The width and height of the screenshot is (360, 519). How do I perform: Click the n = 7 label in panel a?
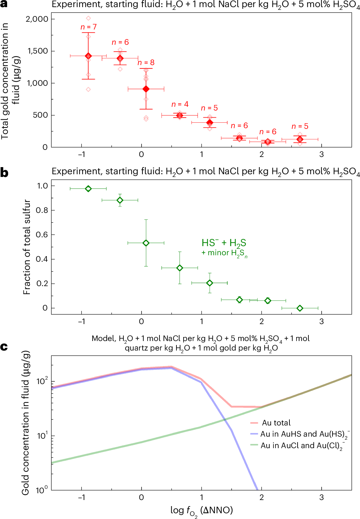(x=89, y=27)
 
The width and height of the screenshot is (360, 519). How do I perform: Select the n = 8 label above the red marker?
(x=146, y=62)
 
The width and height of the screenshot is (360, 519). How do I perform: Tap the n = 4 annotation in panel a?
(x=180, y=104)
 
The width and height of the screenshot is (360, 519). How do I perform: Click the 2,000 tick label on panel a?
(x=37, y=19)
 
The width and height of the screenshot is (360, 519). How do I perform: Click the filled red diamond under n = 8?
(x=146, y=89)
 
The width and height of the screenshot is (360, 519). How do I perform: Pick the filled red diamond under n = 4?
(x=180, y=116)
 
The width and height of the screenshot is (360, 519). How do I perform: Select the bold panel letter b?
(x=4, y=173)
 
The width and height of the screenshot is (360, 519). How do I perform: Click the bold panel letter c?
(x=4, y=347)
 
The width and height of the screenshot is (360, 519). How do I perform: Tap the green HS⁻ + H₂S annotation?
(x=224, y=243)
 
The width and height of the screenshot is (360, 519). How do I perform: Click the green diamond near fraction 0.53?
(x=146, y=243)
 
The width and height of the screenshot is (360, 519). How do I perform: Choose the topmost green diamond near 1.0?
(x=88, y=189)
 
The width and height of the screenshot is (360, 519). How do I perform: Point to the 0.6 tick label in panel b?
(x=42, y=235)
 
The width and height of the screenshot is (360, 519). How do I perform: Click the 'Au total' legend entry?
(x=276, y=423)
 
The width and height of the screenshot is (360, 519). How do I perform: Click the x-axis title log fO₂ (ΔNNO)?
(x=202, y=510)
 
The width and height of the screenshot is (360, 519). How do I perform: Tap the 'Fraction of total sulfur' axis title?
(x=27, y=247)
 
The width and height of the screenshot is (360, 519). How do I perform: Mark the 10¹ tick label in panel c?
(x=42, y=435)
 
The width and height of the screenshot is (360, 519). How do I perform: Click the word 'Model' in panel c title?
(x=103, y=339)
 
